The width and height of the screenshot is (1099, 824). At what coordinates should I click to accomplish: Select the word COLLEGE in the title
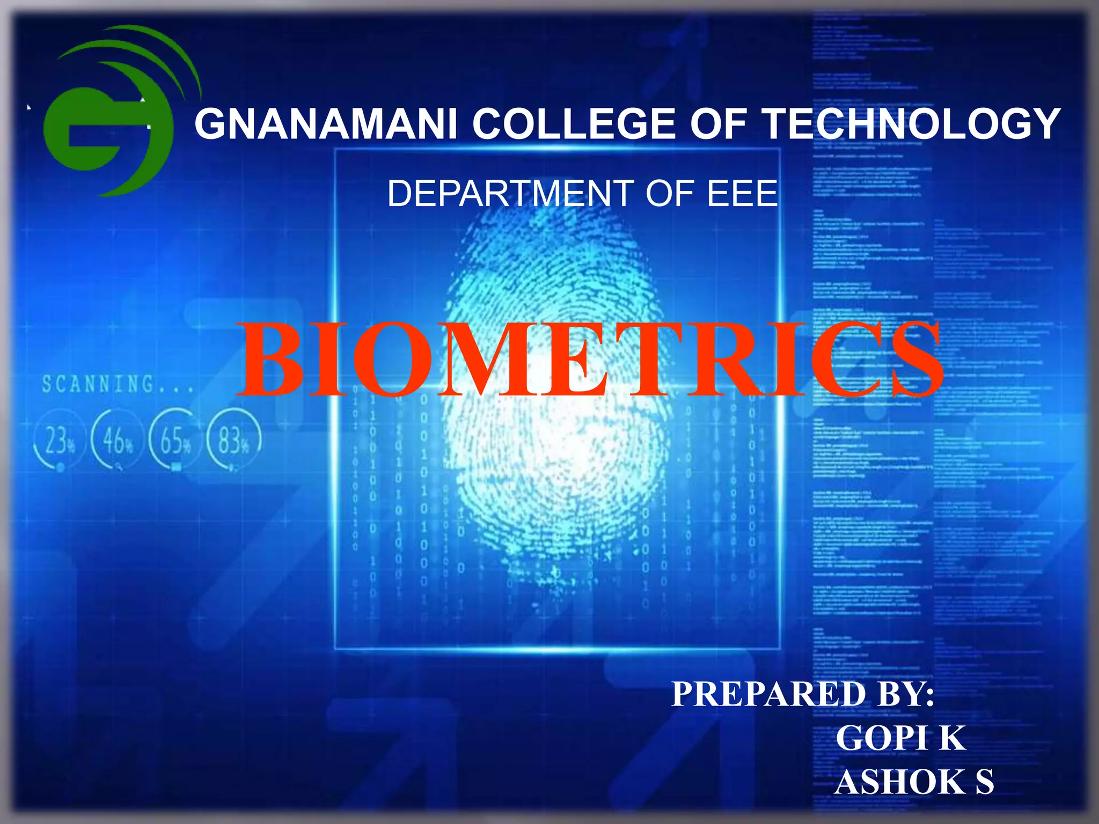(x=574, y=124)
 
